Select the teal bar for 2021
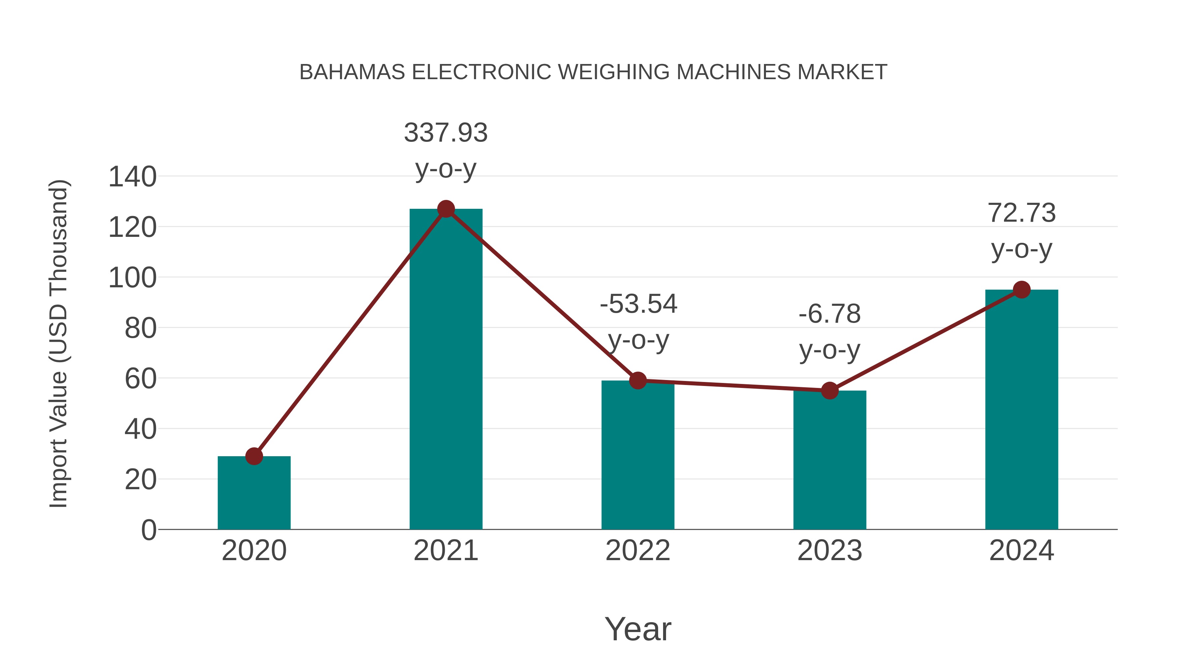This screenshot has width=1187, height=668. point(445,369)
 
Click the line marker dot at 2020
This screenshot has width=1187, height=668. point(254,457)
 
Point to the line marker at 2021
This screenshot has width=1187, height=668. point(445,209)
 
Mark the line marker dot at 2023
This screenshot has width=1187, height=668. point(830,391)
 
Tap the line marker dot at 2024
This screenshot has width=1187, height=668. point(1021,290)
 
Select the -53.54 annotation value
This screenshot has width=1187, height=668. point(638,304)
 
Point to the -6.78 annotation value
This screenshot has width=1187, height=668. point(830,314)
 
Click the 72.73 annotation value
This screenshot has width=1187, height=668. point(1021,213)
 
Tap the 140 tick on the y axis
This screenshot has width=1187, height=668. point(132,177)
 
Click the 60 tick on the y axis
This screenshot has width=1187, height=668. point(140,379)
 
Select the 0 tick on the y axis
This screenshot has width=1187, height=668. point(148,530)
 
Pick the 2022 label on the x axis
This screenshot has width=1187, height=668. point(638,551)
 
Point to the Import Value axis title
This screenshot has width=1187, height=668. point(59,343)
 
